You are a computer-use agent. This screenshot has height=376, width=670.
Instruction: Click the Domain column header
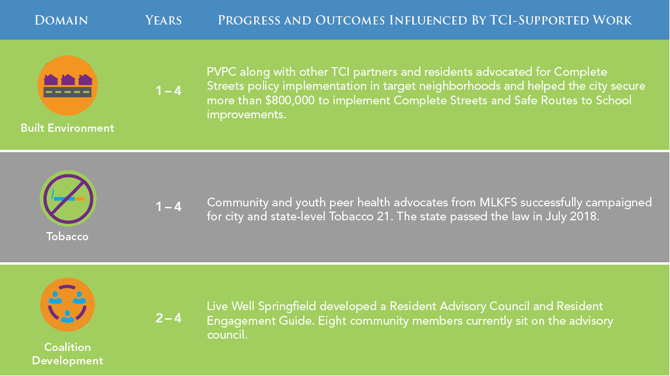pos(61,20)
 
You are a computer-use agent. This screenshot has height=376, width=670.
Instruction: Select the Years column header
pos(163,20)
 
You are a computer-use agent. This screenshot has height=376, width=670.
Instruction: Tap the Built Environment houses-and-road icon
pos(68,86)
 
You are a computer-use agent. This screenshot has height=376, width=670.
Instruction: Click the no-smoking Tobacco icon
pos(68,198)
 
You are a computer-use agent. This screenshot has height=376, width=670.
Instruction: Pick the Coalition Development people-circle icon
pos(68,305)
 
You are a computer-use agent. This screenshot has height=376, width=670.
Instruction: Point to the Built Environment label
pos(68,128)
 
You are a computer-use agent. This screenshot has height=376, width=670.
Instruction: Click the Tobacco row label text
pos(68,236)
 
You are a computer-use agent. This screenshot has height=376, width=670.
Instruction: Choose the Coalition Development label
pos(68,354)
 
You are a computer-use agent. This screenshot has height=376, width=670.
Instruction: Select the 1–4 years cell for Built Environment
pos(169,90)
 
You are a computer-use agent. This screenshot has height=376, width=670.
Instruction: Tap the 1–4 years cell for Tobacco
pos(169,207)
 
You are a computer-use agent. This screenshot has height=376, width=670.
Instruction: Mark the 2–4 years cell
pos(169,318)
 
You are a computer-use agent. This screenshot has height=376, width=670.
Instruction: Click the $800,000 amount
pos(290,100)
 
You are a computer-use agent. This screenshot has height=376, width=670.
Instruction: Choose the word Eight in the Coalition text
pos(331,321)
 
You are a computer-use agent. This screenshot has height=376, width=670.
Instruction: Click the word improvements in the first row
pos(247,115)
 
